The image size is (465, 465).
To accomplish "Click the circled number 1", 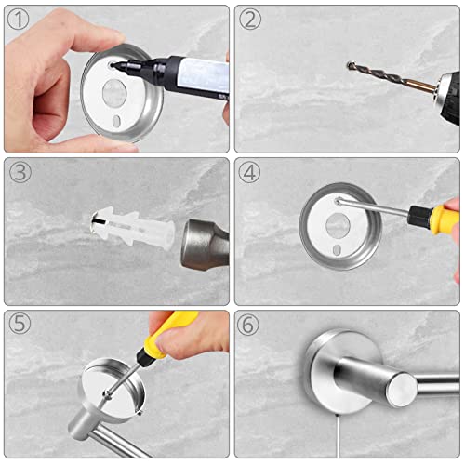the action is [18, 19].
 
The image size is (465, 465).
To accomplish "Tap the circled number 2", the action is [250, 19].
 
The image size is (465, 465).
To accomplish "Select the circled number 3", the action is [20, 172].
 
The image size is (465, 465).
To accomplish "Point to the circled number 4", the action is [249, 172].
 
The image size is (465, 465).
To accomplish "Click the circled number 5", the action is [20, 323].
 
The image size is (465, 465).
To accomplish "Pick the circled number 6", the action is [247, 324].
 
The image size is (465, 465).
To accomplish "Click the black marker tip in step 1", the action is [113, 65].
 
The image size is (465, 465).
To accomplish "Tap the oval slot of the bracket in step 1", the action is [116, 121].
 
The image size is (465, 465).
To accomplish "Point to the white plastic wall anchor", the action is [133, 227].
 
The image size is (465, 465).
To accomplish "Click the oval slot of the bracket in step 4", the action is [337, 250].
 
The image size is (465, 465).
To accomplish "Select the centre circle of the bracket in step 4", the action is [338, 225].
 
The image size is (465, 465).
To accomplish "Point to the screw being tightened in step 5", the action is [108, 394].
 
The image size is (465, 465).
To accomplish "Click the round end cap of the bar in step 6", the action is [402, 390].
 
